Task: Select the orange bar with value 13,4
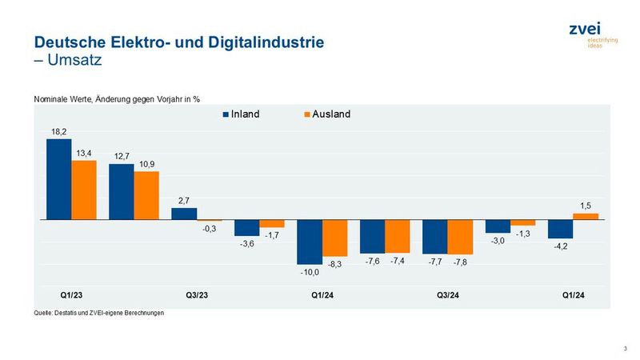tap(84, 190)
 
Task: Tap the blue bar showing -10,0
tap(309, 242)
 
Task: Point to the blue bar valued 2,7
tap(184, 214)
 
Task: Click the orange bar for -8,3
tap(334, 238)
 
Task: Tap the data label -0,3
tap(208, 228)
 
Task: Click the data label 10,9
tap(146, 163)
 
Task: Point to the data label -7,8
tap(460, 262)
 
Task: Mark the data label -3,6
tap(246, 243)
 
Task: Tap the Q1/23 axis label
tap(72, 295)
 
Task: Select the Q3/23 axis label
tap(198, 295)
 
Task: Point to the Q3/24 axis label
tap(448, 295)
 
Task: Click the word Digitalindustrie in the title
tap(266, 41)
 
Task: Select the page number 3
tap(624, 347)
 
